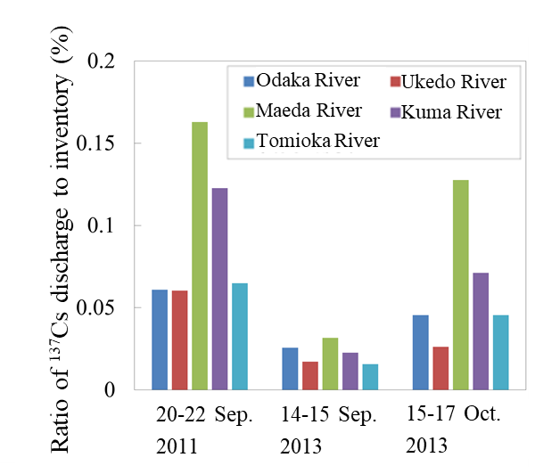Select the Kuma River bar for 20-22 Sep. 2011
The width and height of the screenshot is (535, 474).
[219, 289]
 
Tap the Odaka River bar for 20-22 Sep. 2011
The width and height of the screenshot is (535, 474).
[160, 339]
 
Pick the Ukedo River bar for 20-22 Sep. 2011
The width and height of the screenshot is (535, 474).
[179, 339]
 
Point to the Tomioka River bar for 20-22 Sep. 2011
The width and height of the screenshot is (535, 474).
[240, 336]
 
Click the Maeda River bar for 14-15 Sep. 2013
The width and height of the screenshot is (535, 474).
[330, 364]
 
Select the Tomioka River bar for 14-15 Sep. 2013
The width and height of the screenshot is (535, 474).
[370, 376]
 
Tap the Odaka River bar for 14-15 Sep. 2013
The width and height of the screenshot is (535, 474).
[290, 368]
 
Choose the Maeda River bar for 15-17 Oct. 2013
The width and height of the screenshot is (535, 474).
[460, 284]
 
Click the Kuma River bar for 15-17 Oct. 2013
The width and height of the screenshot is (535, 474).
[480, 331]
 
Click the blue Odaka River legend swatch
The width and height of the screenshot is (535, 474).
[249, 82]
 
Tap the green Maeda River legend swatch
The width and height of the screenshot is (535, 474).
[249, 111]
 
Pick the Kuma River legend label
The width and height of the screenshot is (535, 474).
[451, 112]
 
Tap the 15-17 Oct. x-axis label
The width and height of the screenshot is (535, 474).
[453, 415]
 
